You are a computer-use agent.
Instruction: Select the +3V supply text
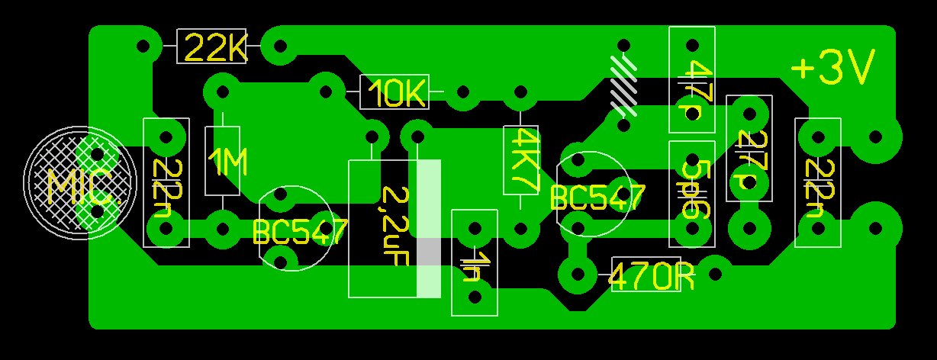click(832, 69)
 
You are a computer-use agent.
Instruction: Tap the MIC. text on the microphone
click(82, 185)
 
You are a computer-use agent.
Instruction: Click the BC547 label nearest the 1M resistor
click(300, 232)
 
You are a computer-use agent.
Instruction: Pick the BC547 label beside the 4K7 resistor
click(597, 198)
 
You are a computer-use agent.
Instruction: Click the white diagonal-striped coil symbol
click(624, 84)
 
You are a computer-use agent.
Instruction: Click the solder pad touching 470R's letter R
click(714, 271)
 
